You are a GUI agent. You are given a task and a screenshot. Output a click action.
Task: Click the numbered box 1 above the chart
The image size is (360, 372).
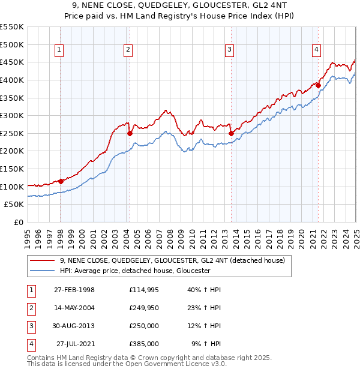(x=60, y=50)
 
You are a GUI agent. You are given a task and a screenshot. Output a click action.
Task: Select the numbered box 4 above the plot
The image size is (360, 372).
(x=316, y=50)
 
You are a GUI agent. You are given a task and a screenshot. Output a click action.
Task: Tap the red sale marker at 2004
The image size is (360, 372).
(x=130, y=133)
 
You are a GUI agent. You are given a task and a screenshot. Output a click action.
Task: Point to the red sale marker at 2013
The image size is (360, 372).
(x=231, y=133)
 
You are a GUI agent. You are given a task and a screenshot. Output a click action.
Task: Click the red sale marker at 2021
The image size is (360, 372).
(x=318, y=85)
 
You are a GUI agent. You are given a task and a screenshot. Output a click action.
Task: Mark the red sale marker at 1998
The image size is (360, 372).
(x=61, y=181)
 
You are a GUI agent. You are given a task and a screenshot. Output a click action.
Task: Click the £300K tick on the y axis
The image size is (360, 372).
(x=12, y=115)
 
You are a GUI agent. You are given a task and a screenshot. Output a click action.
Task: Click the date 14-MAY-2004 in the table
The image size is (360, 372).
(x=74, y=308)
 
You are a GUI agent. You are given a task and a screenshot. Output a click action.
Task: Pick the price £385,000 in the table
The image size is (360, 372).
(x=144, y=344)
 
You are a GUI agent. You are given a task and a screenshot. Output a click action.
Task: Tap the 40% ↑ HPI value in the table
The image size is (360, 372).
(x=205, y=290)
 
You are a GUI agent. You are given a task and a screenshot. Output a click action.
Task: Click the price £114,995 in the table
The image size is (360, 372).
(x=144, y=290)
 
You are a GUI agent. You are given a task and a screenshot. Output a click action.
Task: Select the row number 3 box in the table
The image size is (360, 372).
(x=30, y=326)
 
